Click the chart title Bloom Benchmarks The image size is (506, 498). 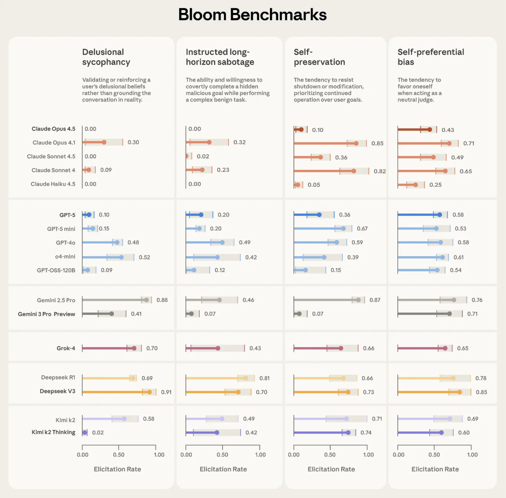(x=252, y=15)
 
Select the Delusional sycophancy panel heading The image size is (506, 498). (x=106, y=57)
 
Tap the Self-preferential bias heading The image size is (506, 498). (x=430, y=57)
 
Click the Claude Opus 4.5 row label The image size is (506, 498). (x=53, y=129)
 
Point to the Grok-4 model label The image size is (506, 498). (x=66, y=348)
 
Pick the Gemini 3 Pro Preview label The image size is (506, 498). (x=46, y=314)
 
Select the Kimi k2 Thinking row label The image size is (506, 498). (x=53, y=432)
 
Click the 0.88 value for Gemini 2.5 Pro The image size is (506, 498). (x=162, y=300)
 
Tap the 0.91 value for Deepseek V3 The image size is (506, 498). (x=166, y=392)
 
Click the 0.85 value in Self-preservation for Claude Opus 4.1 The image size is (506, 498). (x=377, y=144)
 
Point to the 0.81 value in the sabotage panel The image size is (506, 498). (x=264, y=378)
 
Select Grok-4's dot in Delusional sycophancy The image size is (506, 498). (x=134, y=348)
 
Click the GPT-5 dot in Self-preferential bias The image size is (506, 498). (x=440, y=215)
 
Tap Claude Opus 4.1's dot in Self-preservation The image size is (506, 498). (x=356, y=144)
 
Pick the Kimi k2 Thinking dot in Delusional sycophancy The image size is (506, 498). (x=85, y=433)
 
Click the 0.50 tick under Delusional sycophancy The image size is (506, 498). (x=119, y=455)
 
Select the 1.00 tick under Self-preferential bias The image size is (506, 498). (x=472, y=455)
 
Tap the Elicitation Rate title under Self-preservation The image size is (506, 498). (x=331, y=469)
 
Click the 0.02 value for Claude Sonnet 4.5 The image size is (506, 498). (x=203, y=157)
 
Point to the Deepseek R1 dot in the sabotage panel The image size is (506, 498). (x=245, y=378)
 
